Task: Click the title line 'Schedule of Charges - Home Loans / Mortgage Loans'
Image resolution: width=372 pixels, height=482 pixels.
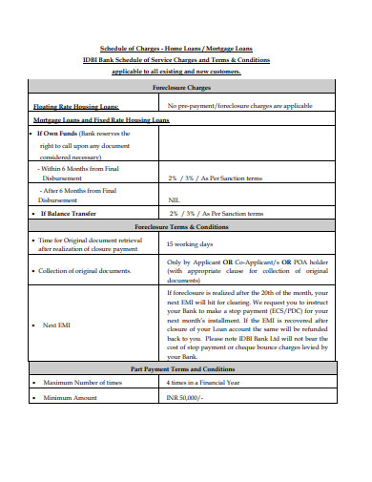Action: coord(176,49)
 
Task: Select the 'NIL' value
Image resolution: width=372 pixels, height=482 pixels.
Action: coord(174,200)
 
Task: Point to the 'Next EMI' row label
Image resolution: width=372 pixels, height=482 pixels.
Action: coord(56,325)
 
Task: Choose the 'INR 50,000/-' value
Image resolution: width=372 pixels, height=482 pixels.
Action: coord(185,397)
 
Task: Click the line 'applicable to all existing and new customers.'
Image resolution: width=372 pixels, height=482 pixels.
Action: coord(176,71)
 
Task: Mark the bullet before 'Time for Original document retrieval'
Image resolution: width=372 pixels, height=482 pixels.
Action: coord(35,241)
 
